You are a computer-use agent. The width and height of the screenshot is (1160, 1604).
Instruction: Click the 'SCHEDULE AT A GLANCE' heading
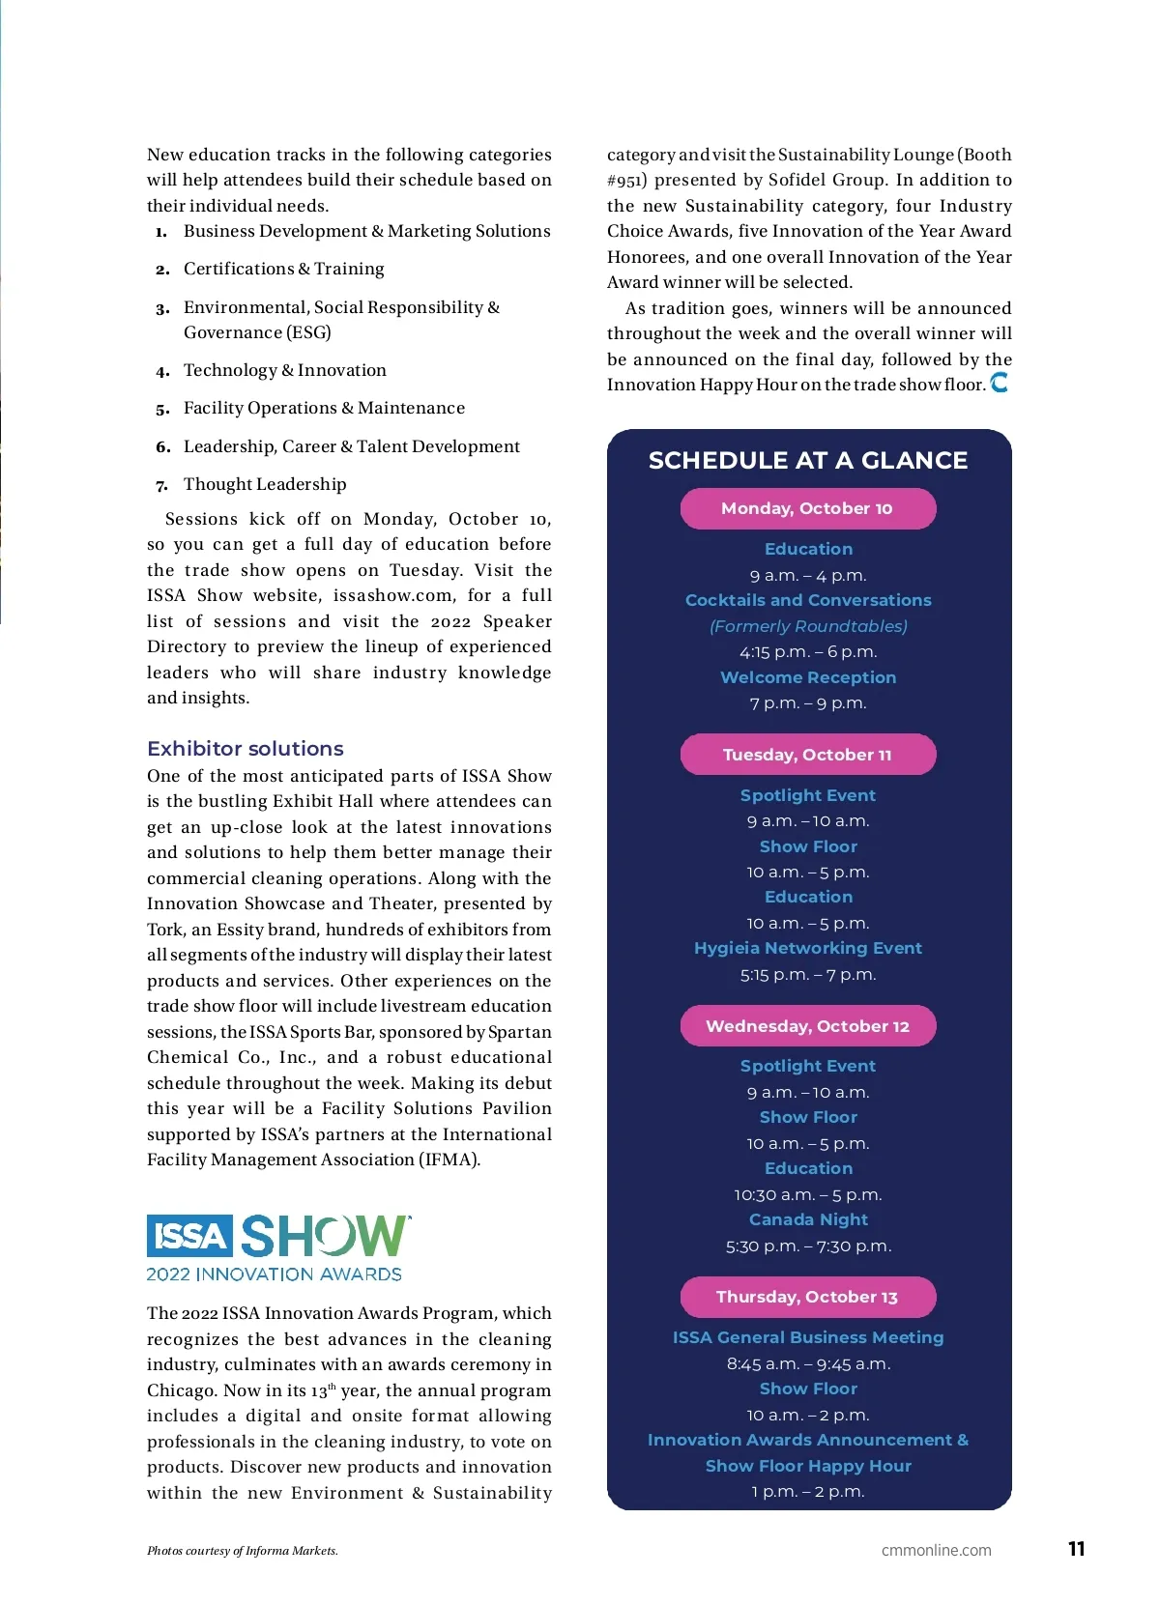[808, 460]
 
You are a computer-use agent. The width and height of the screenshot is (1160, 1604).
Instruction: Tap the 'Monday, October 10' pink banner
[808, 508]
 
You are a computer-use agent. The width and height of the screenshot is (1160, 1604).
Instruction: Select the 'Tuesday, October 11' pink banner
[808, 755]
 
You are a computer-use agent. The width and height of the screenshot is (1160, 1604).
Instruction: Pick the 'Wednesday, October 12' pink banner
[808, 1026]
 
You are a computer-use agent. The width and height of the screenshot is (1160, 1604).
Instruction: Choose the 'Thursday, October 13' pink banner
[808, 1297]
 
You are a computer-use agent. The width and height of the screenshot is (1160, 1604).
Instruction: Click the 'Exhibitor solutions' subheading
[246, 749]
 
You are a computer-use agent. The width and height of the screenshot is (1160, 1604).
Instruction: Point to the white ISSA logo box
[190, 1236]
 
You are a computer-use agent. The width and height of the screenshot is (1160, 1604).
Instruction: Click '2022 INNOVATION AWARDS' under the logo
[275, 1275]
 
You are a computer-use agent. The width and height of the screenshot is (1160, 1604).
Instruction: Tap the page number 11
[1077, 1549]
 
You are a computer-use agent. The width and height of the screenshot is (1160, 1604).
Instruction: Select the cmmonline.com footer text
[937, 1550]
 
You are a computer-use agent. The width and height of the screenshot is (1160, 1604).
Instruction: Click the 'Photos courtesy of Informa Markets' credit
[243, 1551]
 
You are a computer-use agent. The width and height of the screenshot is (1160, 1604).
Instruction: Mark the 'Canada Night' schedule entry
[808, 1219]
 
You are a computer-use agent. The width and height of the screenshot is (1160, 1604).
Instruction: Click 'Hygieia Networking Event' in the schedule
[808, 948]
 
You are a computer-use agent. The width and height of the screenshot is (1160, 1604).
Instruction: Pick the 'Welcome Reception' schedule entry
[808, 677]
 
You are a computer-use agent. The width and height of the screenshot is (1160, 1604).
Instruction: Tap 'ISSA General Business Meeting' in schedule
[808, 1337]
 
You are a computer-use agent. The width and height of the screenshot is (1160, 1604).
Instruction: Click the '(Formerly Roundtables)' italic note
[808, 626]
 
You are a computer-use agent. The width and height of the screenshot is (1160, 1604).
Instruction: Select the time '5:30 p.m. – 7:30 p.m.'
[808, 1246]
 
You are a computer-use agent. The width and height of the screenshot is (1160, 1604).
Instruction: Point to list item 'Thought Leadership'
[265, 484]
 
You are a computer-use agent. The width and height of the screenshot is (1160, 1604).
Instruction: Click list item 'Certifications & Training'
[284, 269]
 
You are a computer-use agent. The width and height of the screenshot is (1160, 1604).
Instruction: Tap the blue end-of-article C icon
[1000, 383]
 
